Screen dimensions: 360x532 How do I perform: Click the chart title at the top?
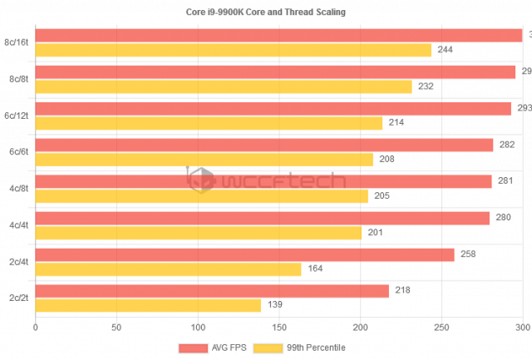[x=265, y=12]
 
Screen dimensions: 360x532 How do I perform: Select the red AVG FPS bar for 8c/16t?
[x=278, y=36]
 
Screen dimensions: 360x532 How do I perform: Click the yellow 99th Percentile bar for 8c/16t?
[x=233, y=51]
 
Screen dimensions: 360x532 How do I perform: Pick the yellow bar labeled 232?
[x=224, y=87]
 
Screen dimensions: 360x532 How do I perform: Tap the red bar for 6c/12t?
[x=273, y=109]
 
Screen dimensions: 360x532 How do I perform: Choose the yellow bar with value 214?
[x=209, y=123]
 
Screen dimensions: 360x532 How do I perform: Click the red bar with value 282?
[x=264, y=145]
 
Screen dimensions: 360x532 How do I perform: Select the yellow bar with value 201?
[x=199, y=233]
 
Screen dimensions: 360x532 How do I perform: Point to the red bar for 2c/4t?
[x=244, y=254]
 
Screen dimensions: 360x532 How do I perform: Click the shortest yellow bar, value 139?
[x=148, y=305]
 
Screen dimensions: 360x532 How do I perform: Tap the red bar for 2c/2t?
[x=212, y=291]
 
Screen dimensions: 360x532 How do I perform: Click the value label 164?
[x=316, y=269]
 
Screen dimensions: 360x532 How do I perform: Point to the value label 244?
[x=445, y=51]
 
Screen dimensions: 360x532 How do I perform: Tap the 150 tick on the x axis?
[x=278, y=328]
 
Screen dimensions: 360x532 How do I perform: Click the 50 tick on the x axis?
[x=116, y=328]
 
